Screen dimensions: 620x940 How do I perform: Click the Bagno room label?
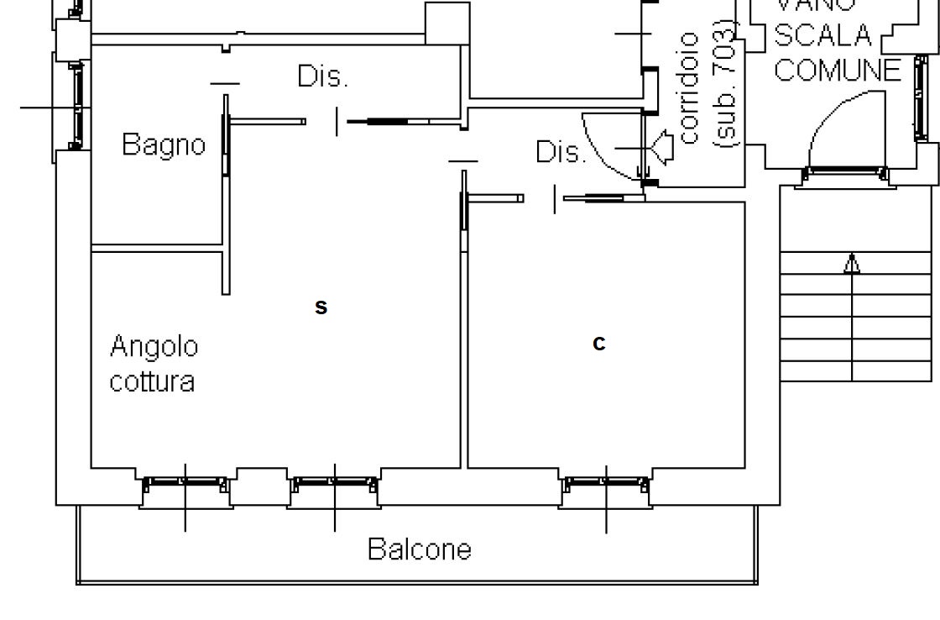(164, 144)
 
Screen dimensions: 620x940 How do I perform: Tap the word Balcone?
(420, 549)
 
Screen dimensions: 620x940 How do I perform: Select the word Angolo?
(154, 346)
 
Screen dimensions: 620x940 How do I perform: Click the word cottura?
(153, 381)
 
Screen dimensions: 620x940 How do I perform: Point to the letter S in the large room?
(321, 308)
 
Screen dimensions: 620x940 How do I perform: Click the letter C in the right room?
(598, 344)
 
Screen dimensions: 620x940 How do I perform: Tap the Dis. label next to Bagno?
(322, 76)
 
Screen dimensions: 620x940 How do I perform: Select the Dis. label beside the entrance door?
(561, 152)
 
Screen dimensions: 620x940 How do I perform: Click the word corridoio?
(689, 88)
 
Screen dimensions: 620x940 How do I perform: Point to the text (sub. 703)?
(725, 88)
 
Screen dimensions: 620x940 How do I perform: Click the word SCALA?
(822, 36)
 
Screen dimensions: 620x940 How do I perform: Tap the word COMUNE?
(837, 71)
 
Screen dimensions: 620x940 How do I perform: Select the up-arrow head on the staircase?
(852, 265)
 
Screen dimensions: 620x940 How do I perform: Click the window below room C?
(606, 486)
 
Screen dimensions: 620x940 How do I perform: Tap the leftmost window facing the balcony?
(185, 486)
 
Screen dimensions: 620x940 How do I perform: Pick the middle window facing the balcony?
(334, 486)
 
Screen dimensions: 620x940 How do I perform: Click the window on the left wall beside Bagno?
(77, 105)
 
